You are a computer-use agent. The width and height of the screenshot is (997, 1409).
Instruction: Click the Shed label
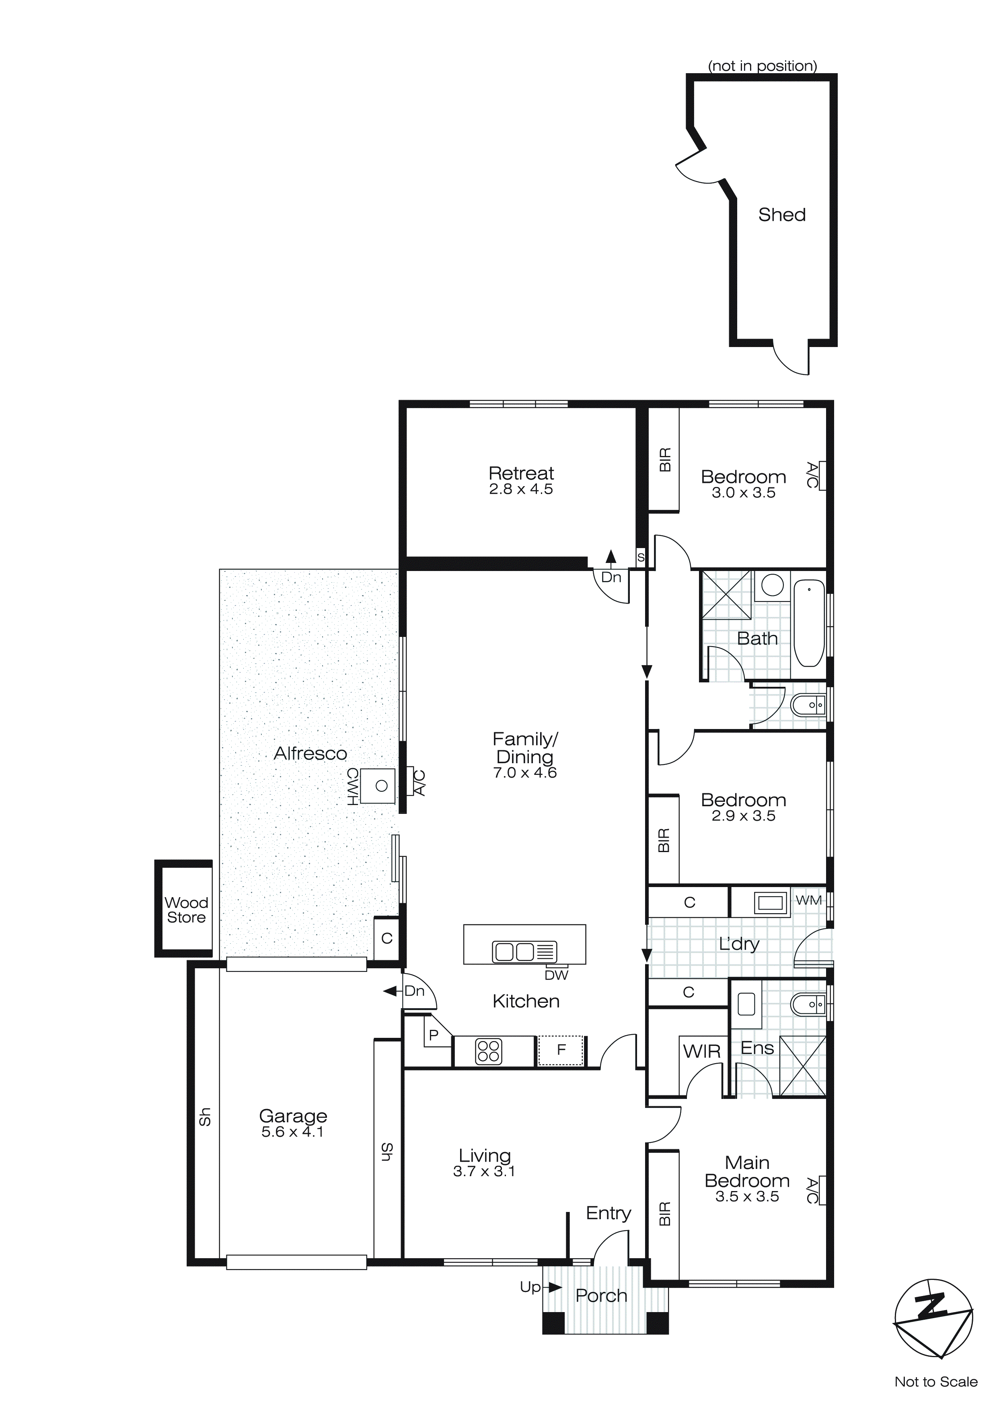(x=781, y=215)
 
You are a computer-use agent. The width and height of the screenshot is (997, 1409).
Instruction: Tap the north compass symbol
(x=933, y=1320)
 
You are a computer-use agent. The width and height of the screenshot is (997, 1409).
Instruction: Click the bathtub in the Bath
(x=808, y=623)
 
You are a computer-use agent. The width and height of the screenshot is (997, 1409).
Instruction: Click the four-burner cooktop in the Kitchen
(x=489, y=1051)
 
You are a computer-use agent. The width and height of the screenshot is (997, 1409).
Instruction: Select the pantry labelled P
(x=434, y=1036)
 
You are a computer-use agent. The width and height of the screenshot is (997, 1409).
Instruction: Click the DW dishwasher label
(x=556, y=975)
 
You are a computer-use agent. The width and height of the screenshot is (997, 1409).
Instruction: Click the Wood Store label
(x=186, y=910)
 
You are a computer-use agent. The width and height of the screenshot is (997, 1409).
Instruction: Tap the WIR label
(x=701, y=1051)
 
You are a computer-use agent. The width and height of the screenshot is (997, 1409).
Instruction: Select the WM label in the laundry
(x=808, y=900)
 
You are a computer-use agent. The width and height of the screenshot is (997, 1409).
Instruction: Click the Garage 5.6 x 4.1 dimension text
(x=292, y=1132)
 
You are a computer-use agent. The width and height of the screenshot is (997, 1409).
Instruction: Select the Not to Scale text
(x=935, y=1382)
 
